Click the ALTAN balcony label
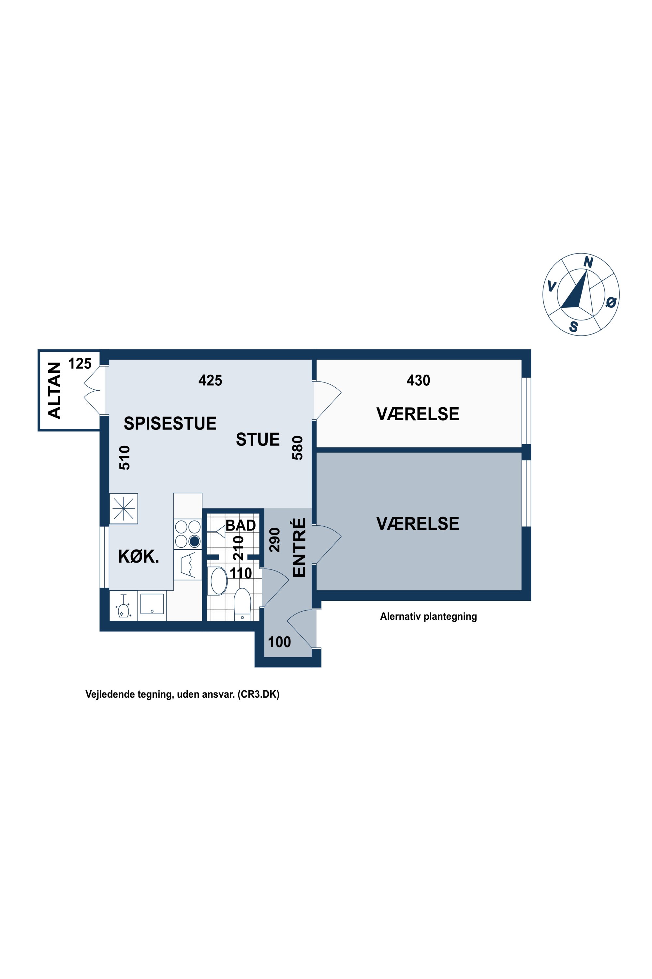coord(54,390)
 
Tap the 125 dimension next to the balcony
coord(80,364)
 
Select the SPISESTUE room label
coord(170,423)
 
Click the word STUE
coord(258,440)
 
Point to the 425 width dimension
coord(210,380)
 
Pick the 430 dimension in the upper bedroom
coord(418,380)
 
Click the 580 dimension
coord(298,448)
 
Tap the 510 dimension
coord(125,458)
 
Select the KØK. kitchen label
coord(139,556)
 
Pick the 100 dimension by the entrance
coord(279,642)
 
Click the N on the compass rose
coord(588,262)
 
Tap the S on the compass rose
coord(573,327)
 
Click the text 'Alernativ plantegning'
coord(428,616)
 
